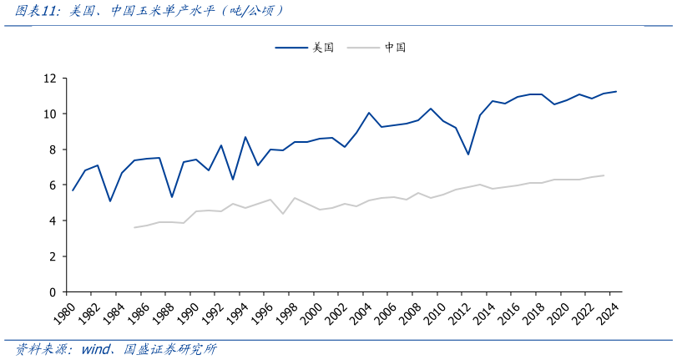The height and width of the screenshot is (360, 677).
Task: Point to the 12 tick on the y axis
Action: [50, 79]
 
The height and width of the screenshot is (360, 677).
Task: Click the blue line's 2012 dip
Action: [468, 155]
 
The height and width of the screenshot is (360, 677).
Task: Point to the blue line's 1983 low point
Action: [110, 201]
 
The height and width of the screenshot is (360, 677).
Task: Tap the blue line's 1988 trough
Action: [171, 197]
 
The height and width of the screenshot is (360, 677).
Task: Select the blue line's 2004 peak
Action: [368, 113]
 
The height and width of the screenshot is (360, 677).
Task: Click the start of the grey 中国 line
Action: [134, 227]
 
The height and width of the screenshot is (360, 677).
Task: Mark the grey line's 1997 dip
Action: [282, 214]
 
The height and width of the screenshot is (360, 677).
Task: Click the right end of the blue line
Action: [616, 91]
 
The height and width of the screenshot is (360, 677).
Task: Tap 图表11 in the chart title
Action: [37, 11]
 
